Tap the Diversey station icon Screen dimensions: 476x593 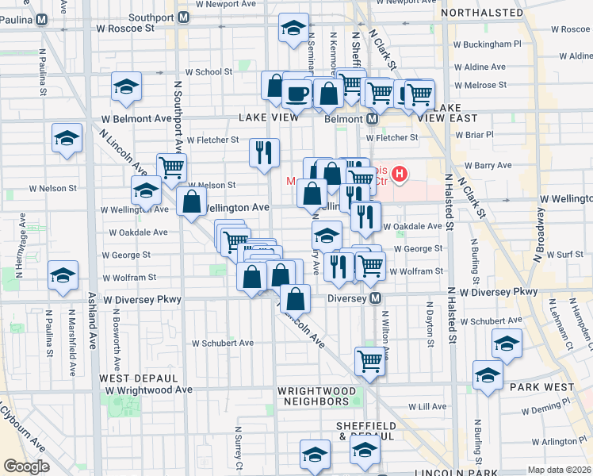point(377,298)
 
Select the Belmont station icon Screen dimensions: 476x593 point(371,119)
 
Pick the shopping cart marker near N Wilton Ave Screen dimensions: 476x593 point(369,361)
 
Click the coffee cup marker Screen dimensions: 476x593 point(297,93)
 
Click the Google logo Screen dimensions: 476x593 point(26,466)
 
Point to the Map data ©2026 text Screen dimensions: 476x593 point(559,470)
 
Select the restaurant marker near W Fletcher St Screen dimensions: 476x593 point(264,152)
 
